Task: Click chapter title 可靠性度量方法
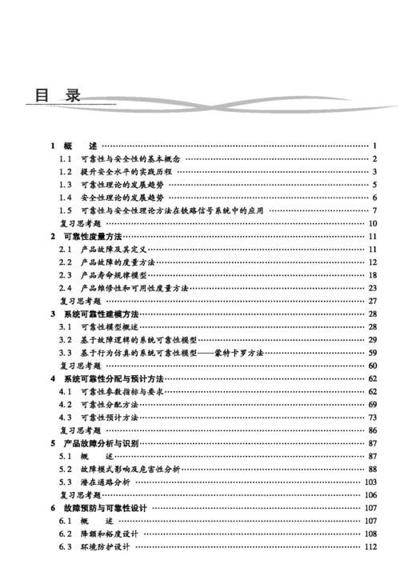(92, 236)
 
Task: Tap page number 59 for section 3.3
(372, 352)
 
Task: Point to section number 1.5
(66, 210)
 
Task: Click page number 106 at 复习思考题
(370, 495)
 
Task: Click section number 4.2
(66, 404)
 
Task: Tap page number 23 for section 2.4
(372, 287)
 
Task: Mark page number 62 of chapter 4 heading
(372, 378)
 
